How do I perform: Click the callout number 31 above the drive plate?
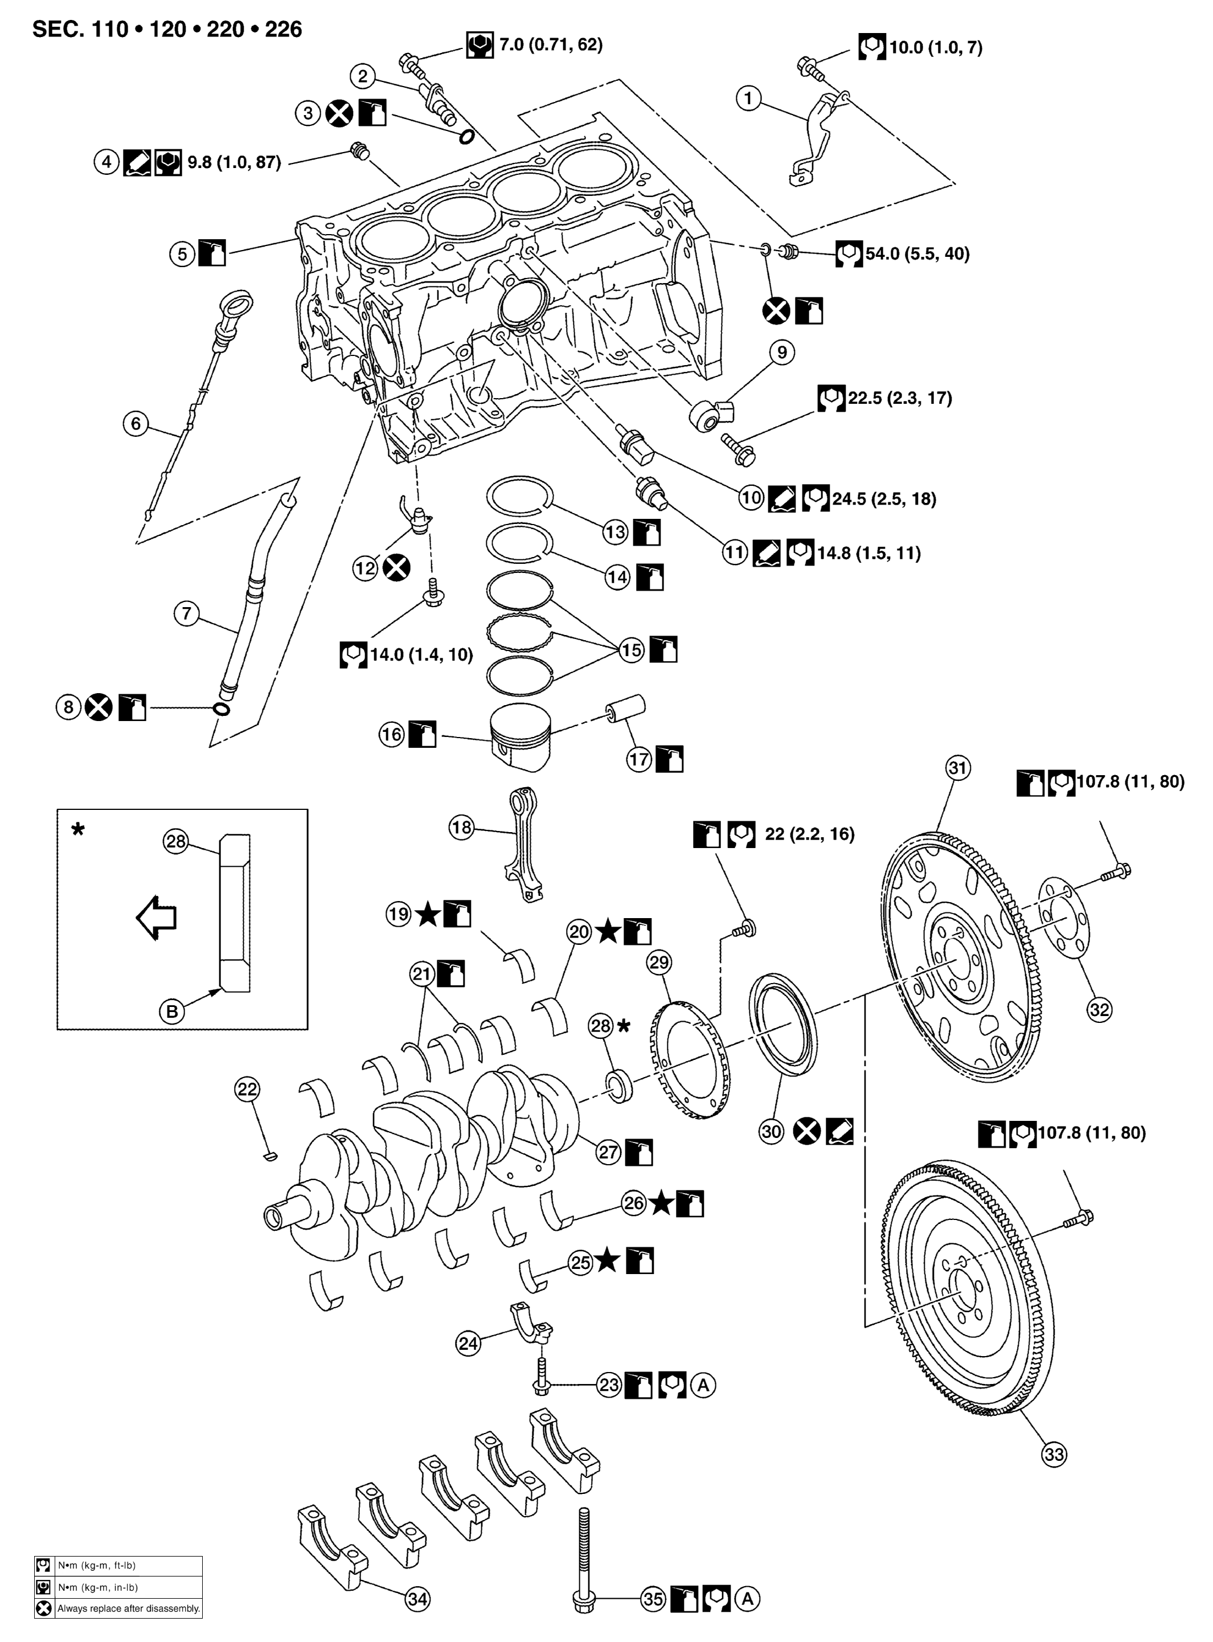point(957,768)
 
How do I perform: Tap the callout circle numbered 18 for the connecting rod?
point(461,828)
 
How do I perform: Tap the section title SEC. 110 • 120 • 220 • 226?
point(167,30)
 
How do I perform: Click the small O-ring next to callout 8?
point(220,709)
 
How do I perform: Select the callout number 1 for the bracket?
point(748,97)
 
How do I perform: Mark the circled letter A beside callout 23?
point(703,1385)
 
